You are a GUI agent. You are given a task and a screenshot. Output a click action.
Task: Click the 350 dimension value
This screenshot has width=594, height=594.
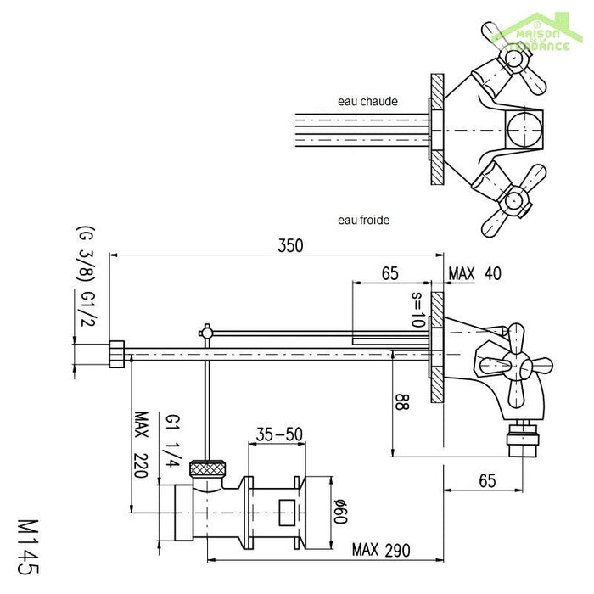289,245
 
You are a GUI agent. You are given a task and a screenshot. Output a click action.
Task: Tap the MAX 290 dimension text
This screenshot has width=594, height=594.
381,551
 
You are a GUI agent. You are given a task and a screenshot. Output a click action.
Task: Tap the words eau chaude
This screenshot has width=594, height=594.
367,101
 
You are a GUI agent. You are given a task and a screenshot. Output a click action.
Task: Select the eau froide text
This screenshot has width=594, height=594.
364,220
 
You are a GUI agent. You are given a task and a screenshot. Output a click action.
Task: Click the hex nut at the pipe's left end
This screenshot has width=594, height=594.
118,351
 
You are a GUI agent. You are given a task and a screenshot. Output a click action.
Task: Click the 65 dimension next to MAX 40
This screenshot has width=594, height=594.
389,273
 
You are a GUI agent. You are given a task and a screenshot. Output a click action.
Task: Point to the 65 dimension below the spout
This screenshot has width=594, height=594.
486,481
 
